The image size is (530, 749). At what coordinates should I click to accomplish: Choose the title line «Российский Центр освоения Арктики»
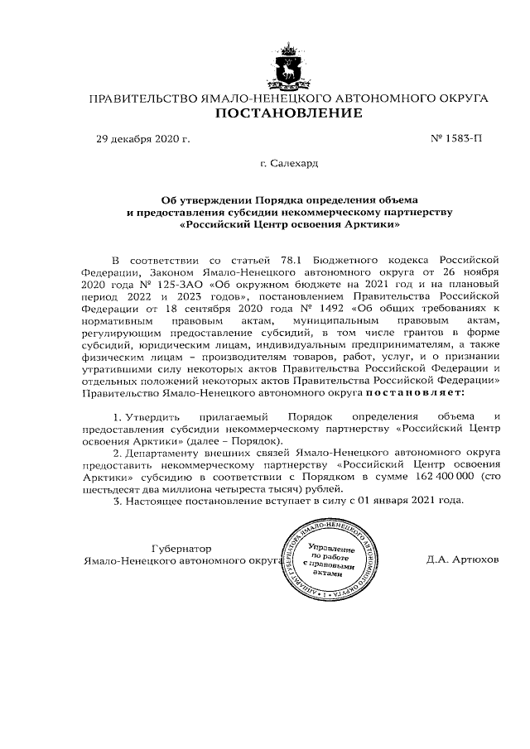(289, 223)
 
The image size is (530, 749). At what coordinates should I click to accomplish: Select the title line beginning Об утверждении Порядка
(289, 199)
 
